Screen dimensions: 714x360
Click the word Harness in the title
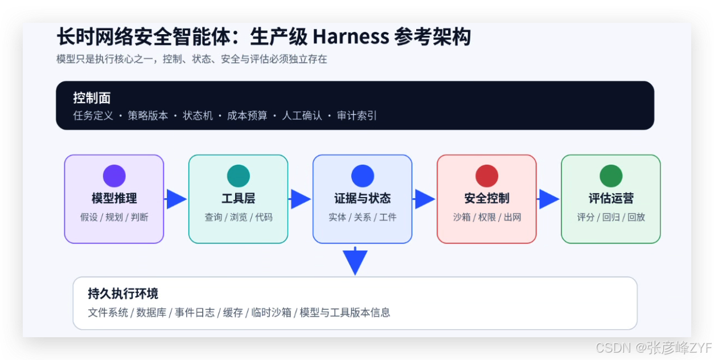(351, 36)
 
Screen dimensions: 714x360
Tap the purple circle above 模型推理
(114, 175)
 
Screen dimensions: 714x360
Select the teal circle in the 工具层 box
(239, 175)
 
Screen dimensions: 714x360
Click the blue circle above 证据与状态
(363, 175)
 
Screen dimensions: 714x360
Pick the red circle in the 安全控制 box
(487, 175)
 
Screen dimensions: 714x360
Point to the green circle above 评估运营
(611, 175)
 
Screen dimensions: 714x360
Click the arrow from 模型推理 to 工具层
(175, 199)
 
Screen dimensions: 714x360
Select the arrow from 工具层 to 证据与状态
(299, 199)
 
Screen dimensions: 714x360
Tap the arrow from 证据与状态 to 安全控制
(424, 199)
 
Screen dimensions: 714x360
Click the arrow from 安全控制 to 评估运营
(548, 199)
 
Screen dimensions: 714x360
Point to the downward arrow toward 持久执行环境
(355, 261)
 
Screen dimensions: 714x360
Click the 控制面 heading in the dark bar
(92, 98)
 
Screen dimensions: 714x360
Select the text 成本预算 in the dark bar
(247, 116)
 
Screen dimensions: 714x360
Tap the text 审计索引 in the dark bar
(356, 116)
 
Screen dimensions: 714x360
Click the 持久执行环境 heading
(123, 293)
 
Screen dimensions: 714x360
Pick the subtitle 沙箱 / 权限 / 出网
(487, 217)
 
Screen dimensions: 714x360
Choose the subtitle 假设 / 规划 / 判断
(114, 217)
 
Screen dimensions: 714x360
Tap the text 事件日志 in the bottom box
(195, 313)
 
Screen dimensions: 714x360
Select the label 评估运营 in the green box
(611, 198)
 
